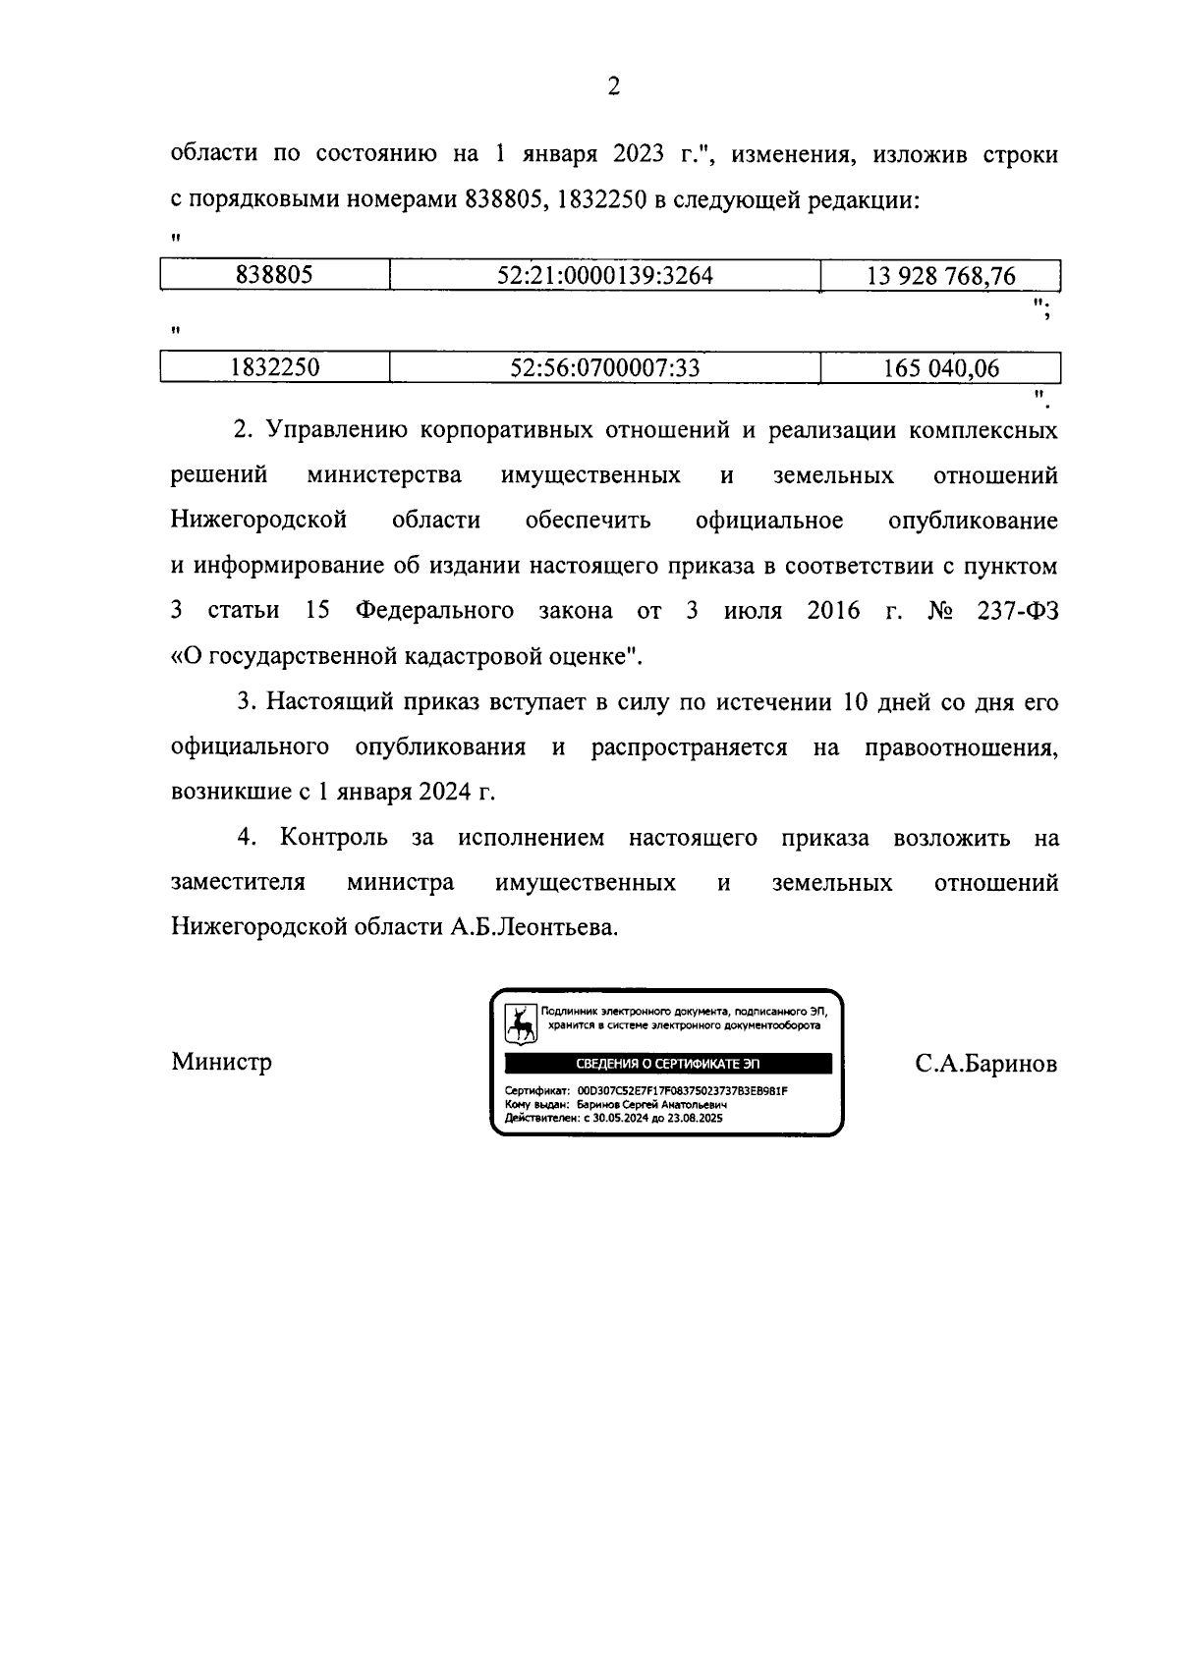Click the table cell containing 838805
[x=274, y=276]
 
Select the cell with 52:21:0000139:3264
[x=604, y=276]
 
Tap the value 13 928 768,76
[x=940, y=276]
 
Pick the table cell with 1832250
[x=274, y=368]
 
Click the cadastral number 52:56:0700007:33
[x=604, y=368]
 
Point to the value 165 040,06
[x=940, y=368]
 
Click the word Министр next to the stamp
[x=221, y=1062]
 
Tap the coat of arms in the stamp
[x=521, y=1023]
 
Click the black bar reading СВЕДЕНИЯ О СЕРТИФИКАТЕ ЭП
[x=667, y=1064]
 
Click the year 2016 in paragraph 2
[x=833, y=611]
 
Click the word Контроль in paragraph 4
[x=333, y=838]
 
